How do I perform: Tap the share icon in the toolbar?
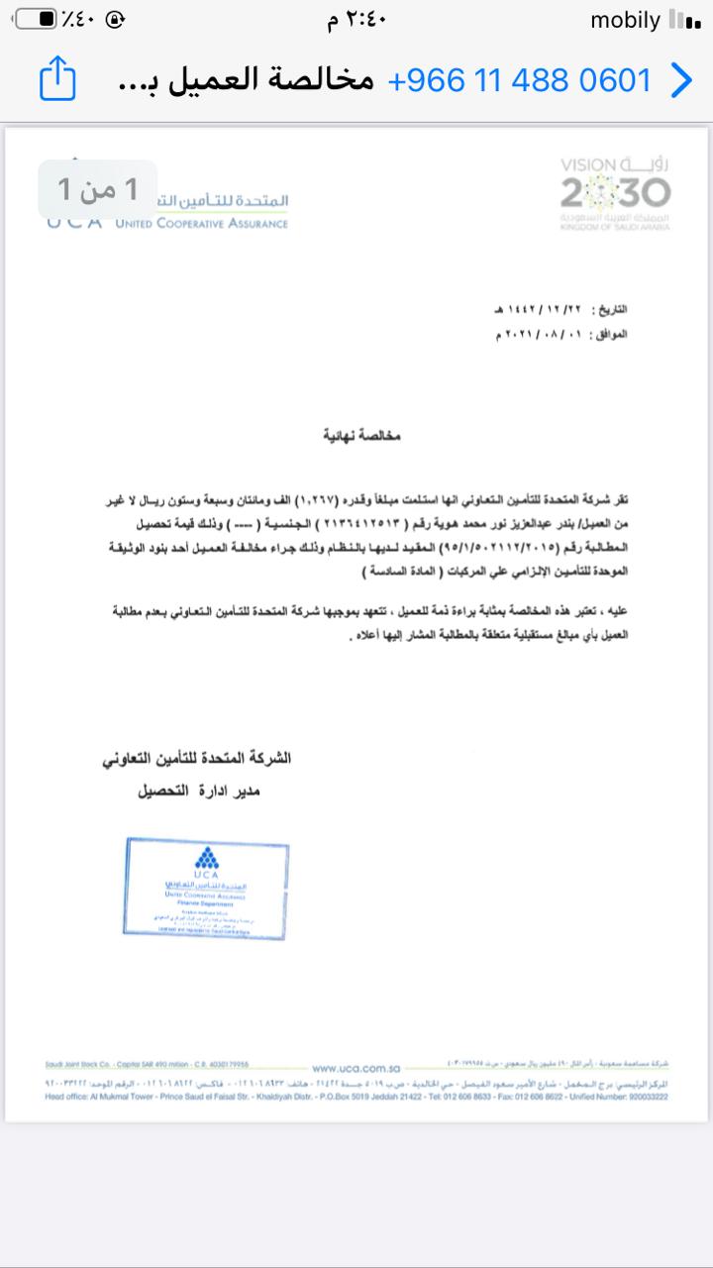57,79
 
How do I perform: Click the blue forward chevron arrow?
681,80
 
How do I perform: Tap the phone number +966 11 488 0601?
520,80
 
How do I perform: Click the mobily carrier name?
624,21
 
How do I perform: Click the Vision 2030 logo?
615,193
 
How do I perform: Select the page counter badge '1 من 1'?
97,188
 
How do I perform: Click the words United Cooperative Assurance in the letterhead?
201,224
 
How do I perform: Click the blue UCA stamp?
207,888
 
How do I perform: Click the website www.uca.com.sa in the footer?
356,1068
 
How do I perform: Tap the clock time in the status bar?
356,21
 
